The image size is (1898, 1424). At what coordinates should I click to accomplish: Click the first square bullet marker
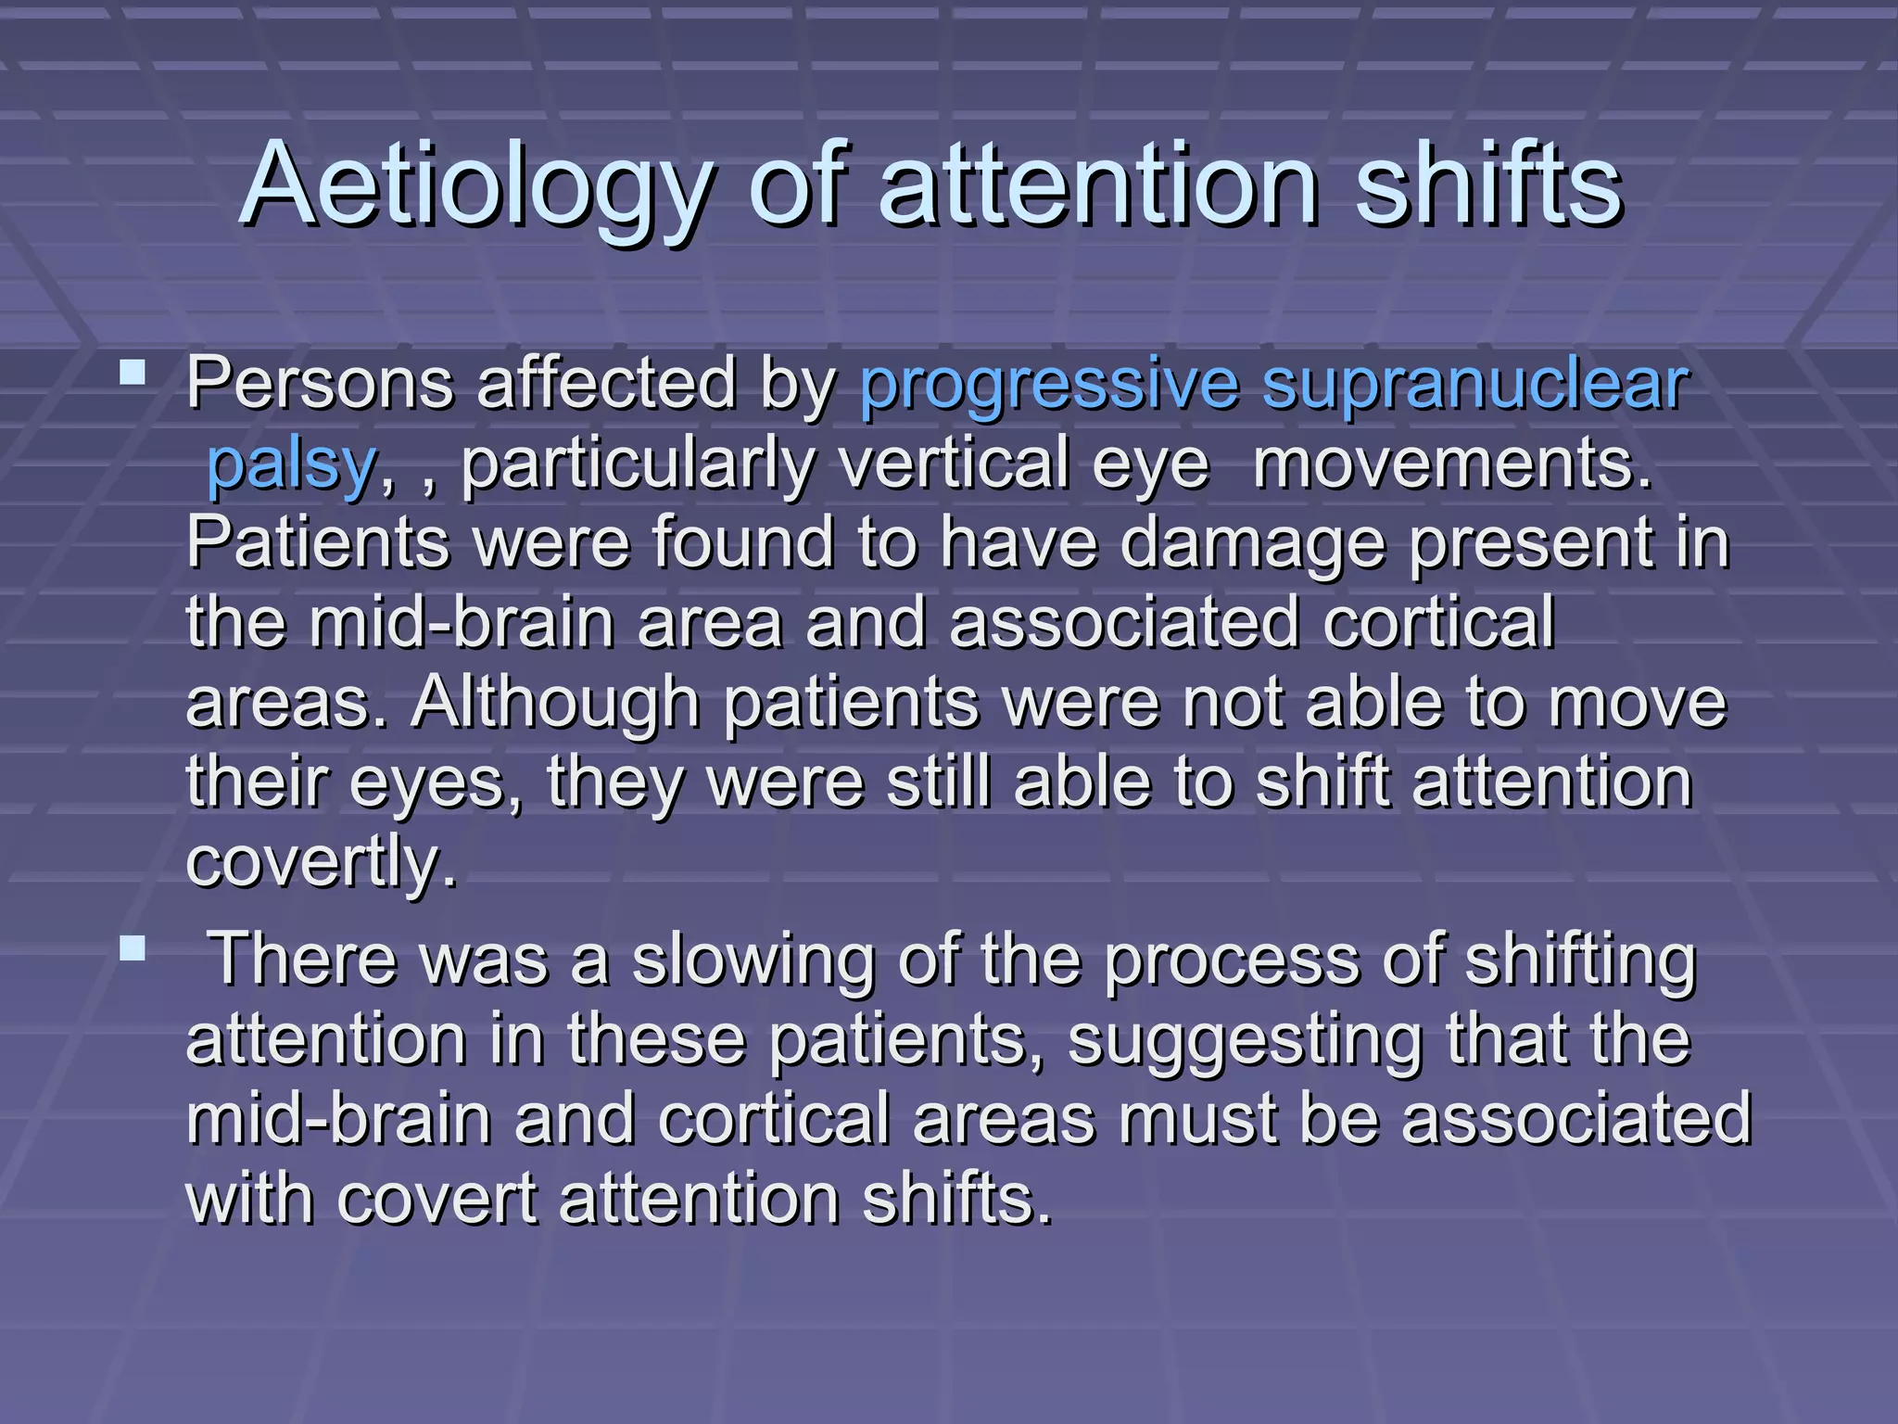point(133,373)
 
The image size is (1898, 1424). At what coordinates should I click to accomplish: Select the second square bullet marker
point(133,947)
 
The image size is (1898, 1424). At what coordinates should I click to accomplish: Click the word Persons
point(320,383)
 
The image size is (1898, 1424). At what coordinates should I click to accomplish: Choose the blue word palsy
point(290,464)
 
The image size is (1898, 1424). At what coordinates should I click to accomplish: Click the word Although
point(555,703)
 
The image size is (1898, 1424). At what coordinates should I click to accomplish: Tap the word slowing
point(753,960)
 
